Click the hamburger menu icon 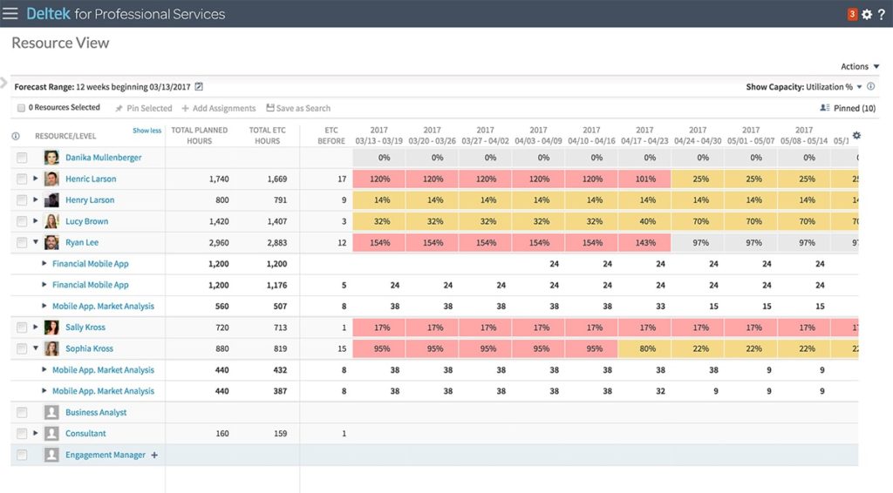[x=10, y=14]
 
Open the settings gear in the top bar [x=866, y=14]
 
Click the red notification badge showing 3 [x=852, y=14]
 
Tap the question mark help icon [x=881, y=14]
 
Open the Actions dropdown [x=860, y=66]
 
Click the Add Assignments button [x=218, y=108]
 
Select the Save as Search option [x=298, y=108]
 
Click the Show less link [x=147, y=131]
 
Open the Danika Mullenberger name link [x=103, y=158]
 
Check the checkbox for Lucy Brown [x=22, y=221]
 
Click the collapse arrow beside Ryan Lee [x=36, y=243]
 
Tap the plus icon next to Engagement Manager [x=154, y=455]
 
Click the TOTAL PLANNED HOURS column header [x=199, y=136]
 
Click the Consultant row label [x=85, y=434]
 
